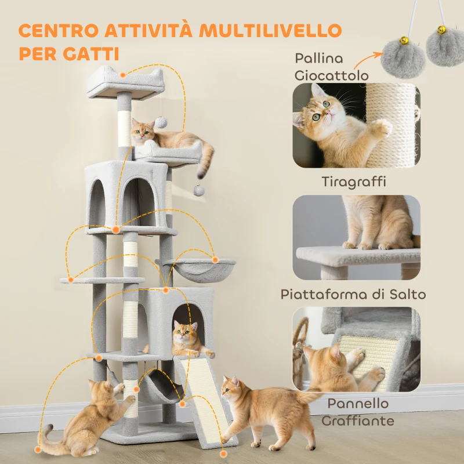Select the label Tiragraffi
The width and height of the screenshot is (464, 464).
[x=354, y=182]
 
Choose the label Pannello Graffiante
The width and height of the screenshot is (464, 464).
[x=355, y=412]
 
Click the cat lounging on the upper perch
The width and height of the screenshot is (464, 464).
[x=168, y=139]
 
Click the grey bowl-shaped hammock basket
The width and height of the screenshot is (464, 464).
[x=200, y=270]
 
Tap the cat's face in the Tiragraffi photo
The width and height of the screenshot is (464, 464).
[x=321, y=107]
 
